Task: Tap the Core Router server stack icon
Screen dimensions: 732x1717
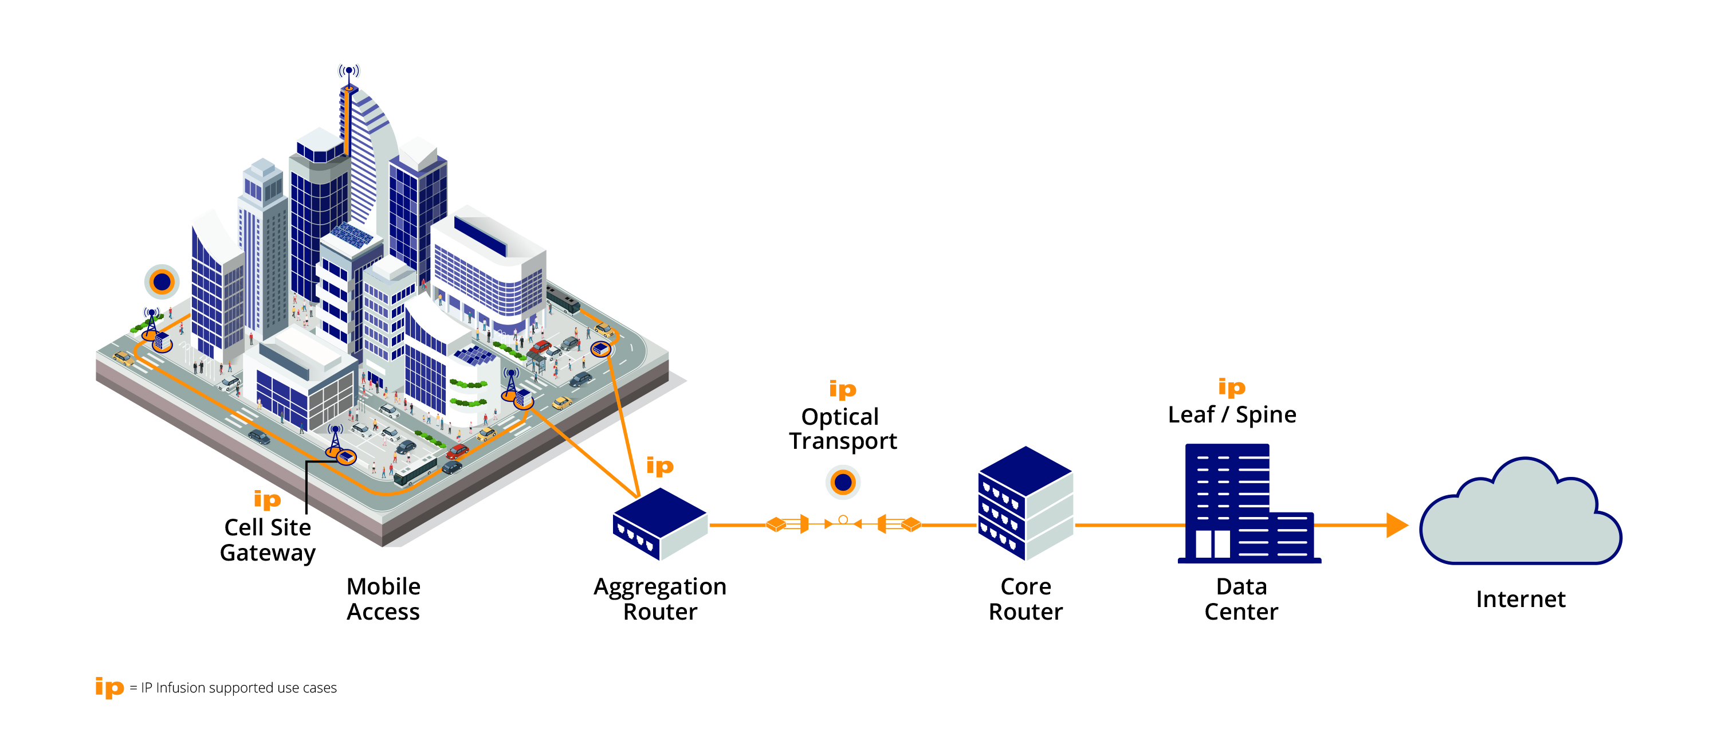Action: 1025,503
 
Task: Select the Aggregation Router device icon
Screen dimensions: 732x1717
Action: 659,523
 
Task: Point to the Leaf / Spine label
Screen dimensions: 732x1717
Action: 1232,414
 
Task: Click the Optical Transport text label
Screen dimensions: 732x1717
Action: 843,429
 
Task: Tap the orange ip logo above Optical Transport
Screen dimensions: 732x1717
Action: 843,389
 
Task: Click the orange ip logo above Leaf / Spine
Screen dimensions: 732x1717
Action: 1231,387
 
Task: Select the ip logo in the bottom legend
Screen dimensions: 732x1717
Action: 109,687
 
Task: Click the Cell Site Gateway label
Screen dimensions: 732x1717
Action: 268,540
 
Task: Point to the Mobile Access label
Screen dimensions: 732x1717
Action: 383,598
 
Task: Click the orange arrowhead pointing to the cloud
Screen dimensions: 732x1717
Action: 1396,525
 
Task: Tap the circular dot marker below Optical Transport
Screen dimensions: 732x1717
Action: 843,482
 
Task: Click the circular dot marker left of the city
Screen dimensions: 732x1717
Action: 162,282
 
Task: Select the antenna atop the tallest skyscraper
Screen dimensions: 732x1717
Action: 348,72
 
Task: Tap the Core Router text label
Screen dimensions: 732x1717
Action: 1025,598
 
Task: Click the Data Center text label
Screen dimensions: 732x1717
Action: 1241,598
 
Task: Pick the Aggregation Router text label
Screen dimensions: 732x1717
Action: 660,598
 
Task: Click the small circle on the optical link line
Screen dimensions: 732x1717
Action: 843,519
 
